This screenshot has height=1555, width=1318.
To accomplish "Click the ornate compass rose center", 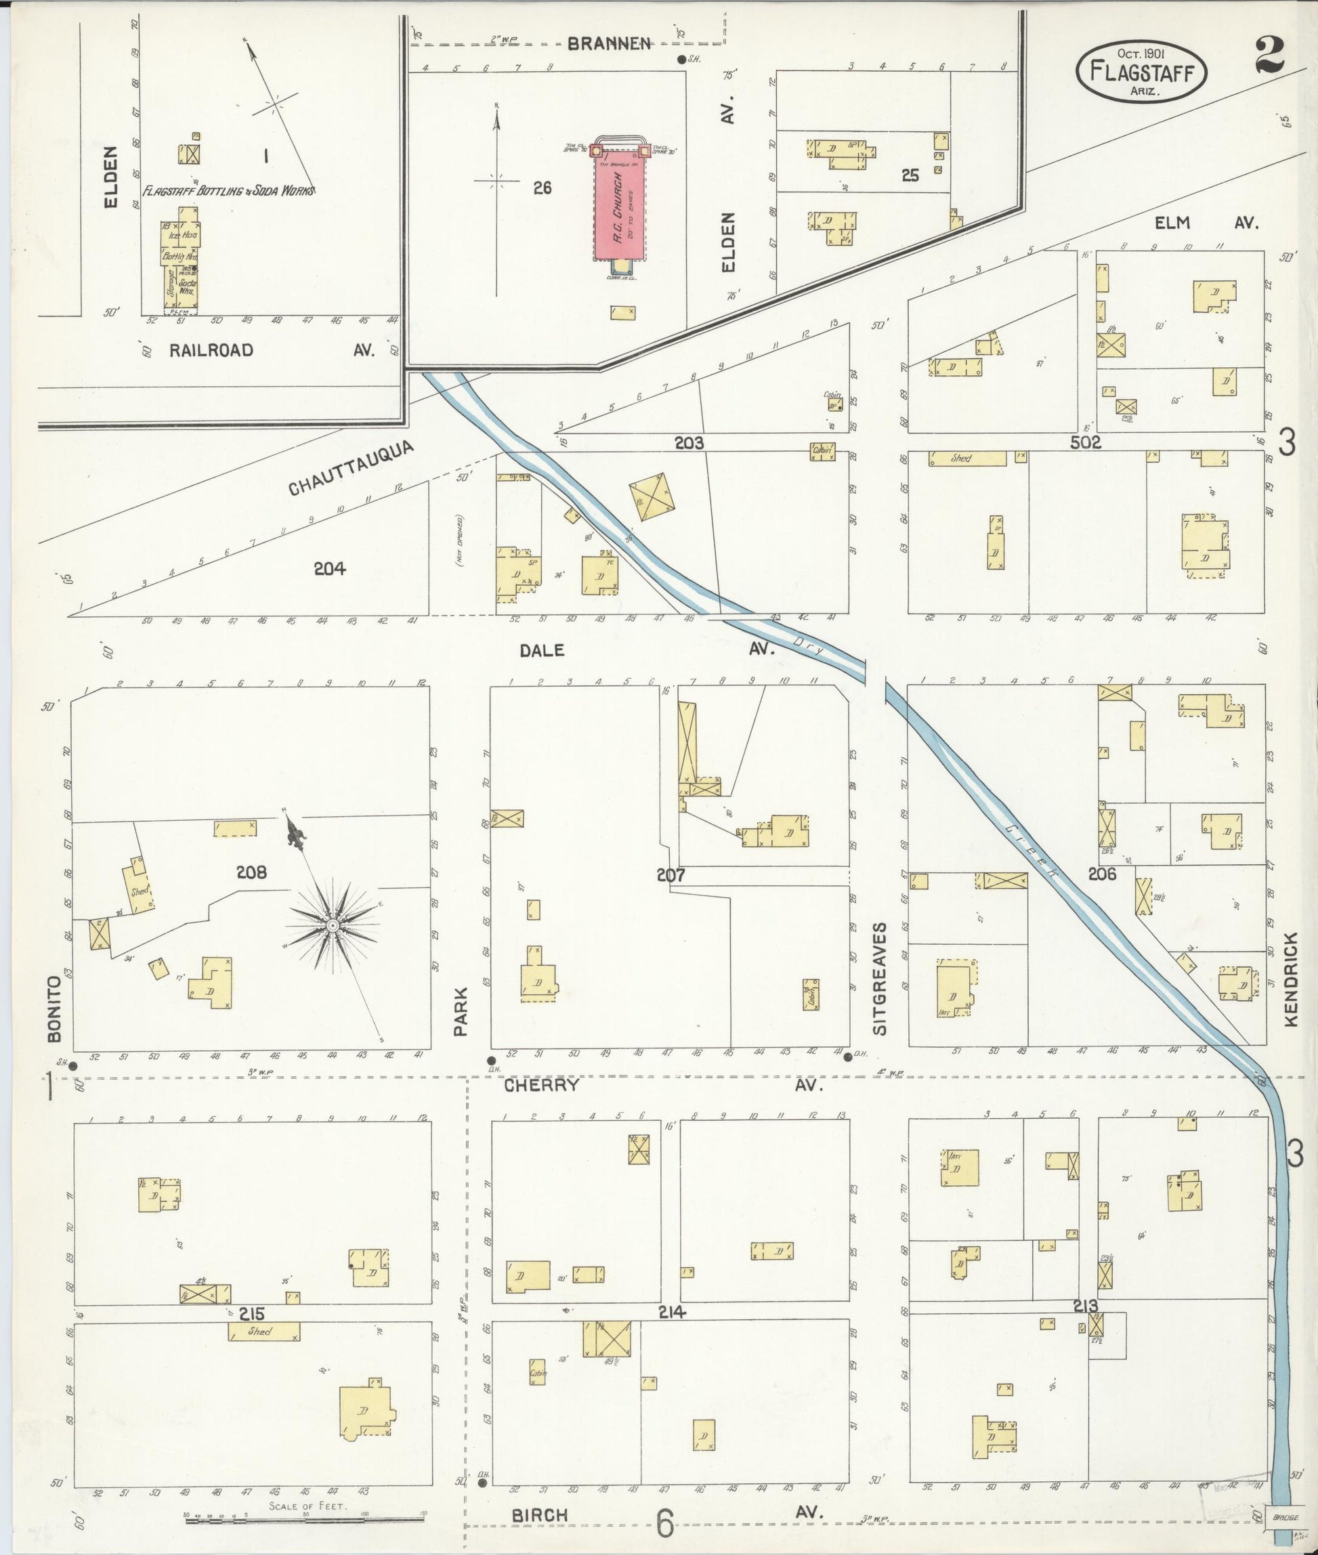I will (334, 926).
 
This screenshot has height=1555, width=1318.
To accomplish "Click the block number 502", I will (1085, 443).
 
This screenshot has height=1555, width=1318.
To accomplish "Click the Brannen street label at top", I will (608, 44).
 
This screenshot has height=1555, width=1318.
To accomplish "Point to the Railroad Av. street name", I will (211, 350).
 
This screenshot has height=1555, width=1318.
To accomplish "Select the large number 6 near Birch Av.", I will (664, 1525).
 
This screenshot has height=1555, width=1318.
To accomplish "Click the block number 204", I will (328, 569).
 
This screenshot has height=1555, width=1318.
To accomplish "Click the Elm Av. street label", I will (1207, 223).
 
